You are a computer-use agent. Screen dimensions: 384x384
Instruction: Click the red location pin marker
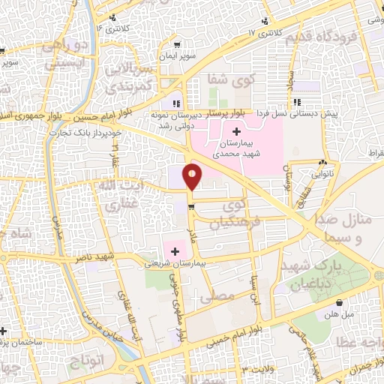[x=193, y=176]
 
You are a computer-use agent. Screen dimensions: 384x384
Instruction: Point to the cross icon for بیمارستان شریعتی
[x=175, y=251]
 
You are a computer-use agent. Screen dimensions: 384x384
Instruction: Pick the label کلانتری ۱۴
[x=112, y=28]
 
